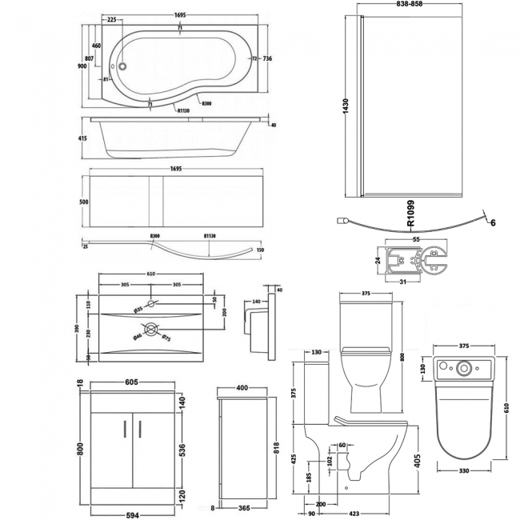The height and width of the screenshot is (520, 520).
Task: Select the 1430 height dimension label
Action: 345,108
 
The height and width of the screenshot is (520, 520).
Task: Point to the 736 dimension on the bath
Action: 268,58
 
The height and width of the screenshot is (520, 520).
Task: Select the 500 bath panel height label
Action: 83,203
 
